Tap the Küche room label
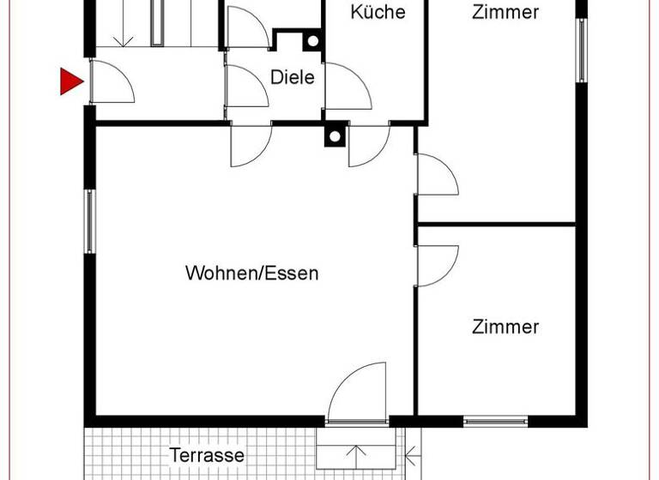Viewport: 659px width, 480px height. [x=378, y=12]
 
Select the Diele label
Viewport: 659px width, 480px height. [x=293, y=76]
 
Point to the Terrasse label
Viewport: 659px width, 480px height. [x=207, y=455]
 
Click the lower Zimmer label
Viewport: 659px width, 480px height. [x=505, y=327]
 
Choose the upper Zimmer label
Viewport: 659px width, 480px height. [x=505, y=12]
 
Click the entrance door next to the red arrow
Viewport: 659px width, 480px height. [x=110, y=83]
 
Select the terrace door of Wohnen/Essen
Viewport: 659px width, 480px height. [x=356, y=394]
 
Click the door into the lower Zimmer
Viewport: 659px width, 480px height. [x=436, y=265]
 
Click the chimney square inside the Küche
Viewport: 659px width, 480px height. [x=312, y=40]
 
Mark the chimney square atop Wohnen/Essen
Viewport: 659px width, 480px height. [x=334, y=135]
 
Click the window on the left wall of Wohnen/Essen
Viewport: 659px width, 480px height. [x=89, y=220]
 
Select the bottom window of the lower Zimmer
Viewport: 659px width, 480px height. [x=495, y=421]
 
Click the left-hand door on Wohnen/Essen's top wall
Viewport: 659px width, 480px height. [x=250, y=143]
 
